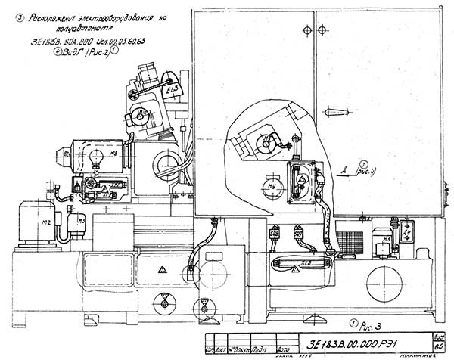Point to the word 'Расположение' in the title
tap(53, 23)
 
